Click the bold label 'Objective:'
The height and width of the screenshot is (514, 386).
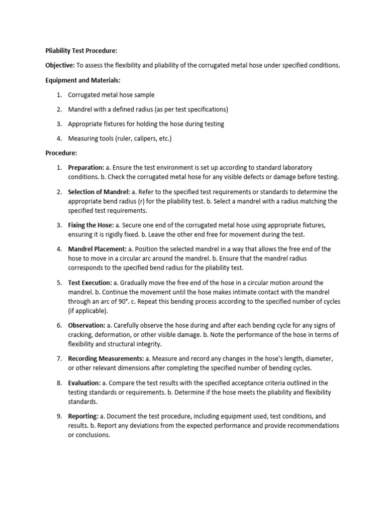pyautogui.click(x=60, y=66)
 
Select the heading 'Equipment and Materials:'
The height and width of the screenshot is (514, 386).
pyautogui.click(x=78, y=80)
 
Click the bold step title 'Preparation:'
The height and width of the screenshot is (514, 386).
pyautogui.click(x=86, y=168)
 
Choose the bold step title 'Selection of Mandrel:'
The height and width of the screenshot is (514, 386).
pyautogui.click(x=99, y=192)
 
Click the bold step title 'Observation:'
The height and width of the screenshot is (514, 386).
pyautogui.click(x=87, y=326)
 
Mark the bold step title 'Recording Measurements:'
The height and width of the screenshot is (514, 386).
pyautogui.click(x=106, y=359)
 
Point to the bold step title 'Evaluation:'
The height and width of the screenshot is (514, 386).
pyautogui.click(x=84, y=383)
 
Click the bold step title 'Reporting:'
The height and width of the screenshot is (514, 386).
pyautogui.click(x=83, y=417)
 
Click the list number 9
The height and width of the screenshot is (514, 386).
pyautogui.click(x=59, y=417)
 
